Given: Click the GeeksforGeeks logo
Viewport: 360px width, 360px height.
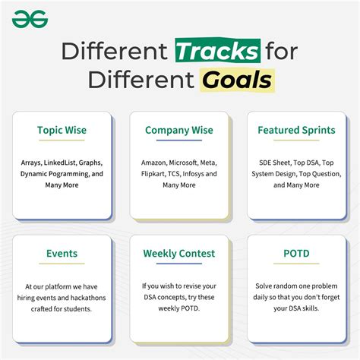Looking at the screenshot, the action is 30,19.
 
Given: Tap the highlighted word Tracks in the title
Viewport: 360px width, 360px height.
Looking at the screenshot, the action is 218,51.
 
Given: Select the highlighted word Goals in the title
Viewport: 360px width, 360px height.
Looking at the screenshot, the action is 237,80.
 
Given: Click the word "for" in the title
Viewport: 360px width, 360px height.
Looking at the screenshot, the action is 282,51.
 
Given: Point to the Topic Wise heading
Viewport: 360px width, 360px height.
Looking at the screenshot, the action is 62,130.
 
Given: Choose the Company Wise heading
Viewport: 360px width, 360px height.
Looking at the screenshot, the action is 179,130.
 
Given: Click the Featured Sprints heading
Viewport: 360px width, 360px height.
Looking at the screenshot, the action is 296,130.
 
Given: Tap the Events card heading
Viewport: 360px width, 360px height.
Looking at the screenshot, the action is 62,254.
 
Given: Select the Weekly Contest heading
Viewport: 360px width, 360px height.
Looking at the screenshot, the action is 179,254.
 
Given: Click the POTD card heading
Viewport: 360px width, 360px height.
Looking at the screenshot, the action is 296,254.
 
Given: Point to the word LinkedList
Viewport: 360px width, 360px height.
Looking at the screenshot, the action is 60,163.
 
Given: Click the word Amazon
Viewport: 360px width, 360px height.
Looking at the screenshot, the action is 154,163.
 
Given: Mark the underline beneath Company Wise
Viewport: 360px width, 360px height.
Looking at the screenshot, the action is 179,140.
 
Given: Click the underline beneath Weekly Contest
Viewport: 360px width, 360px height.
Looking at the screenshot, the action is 179,264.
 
